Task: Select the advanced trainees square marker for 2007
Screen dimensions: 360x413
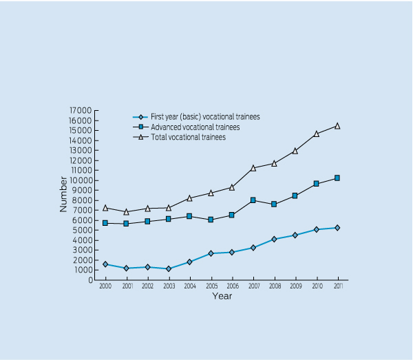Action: coord(253,200)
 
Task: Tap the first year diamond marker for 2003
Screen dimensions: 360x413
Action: coord(169,268)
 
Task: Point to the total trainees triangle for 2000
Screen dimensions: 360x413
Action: coord(105,208)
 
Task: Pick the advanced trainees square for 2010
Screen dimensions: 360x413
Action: coord(317,184)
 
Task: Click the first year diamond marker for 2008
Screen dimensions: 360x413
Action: coord(274,239)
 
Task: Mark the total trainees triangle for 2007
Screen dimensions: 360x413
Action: coord(253,168)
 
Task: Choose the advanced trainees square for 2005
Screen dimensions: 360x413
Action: coord(211,220)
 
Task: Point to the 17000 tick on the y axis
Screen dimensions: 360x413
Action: coord(81,110)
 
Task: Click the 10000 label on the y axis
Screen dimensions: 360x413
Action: coord(81,180)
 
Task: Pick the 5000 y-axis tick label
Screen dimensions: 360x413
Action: coord(83,230)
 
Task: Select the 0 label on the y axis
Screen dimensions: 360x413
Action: coord(89,279)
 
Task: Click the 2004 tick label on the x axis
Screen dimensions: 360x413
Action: coord(190,286)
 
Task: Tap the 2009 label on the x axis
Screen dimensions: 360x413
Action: coord(295,286)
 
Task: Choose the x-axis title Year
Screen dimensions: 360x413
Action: coord(222,296)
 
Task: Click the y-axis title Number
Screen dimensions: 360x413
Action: coord(64,195)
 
